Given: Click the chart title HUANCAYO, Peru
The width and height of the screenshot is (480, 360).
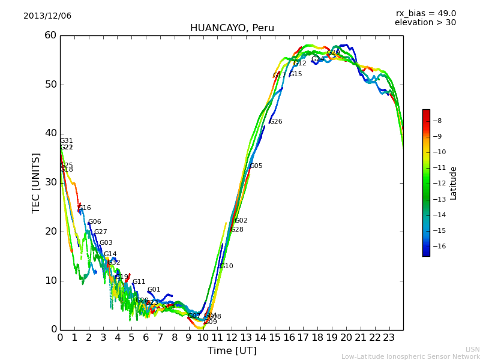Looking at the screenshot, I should pos(232,28).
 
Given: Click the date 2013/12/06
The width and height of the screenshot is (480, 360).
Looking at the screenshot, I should pos(47,16).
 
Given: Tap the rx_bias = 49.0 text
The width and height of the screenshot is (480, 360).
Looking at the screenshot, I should pos(425,14).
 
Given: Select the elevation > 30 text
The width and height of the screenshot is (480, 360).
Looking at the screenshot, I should pos(425,23).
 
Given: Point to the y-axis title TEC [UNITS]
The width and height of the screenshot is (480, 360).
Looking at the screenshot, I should pos(37,182).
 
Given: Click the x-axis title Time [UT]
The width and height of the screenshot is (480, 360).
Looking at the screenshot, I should pos(232,351).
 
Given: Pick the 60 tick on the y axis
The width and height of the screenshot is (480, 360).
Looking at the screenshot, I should pos(50,35).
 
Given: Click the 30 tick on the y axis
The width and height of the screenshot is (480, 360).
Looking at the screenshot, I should pos(50,182).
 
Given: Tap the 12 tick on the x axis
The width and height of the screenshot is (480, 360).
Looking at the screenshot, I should pos(232,338).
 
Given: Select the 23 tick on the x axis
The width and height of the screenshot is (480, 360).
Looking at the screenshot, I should pos(389,338).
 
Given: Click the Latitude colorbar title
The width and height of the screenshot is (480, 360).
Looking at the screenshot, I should pos(454,183).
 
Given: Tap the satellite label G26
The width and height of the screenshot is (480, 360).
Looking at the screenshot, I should pos(275,122).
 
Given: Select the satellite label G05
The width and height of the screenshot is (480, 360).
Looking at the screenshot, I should pos(256,166).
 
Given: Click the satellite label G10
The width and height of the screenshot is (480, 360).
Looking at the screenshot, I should pos(226,266).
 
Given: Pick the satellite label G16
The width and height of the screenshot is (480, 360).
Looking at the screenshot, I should pos(85,208).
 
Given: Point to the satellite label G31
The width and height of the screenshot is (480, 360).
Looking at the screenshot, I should pos(66,141).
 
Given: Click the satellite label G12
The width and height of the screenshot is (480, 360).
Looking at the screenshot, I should pos(299,64).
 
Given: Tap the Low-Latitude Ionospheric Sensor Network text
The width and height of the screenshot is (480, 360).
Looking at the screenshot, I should pos(410,357).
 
